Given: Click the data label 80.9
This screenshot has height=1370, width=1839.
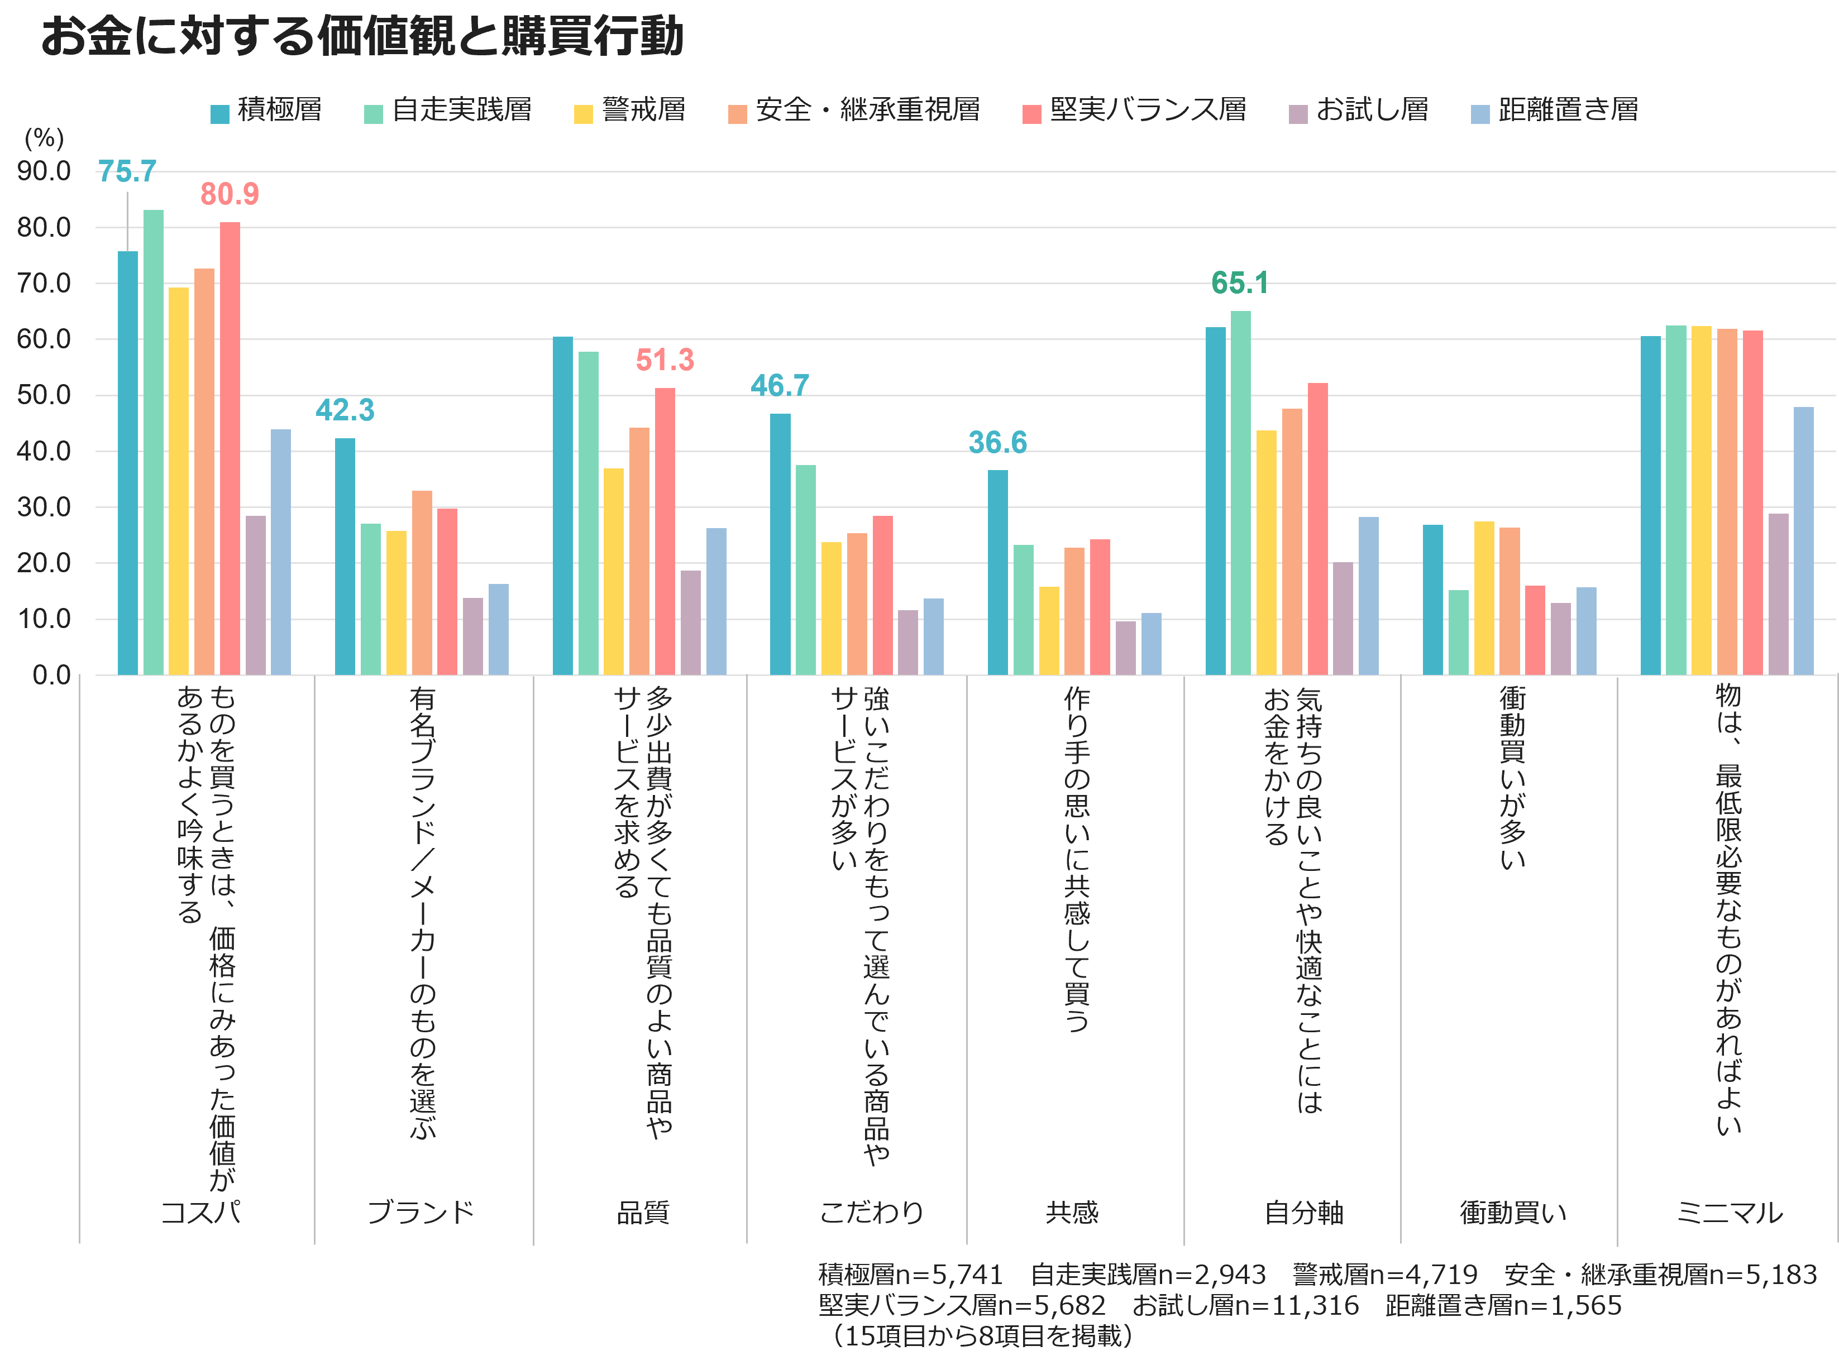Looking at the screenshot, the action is point(230,194).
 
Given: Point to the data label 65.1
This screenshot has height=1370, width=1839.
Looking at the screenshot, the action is point(1239,284).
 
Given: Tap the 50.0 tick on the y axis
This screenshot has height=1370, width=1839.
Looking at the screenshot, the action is point(44,396).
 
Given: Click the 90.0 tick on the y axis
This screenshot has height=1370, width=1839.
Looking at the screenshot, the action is point(44,171).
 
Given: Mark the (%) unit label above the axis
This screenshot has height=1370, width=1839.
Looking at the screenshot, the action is point(44,138).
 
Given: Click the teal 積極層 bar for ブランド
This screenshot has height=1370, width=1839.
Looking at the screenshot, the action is point(345,557).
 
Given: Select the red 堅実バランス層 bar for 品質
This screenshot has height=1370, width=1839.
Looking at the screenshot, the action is point(665,531).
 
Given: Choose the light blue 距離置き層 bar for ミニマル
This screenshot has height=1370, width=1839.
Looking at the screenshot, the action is point(1803,541).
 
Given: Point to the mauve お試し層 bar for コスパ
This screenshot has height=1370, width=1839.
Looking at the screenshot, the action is point(255,596).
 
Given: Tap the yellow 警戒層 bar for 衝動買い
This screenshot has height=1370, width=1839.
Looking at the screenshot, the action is point(1484,598).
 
